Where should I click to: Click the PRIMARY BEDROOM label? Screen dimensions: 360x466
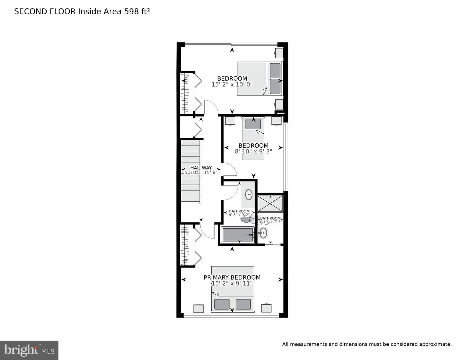tap(232, 277)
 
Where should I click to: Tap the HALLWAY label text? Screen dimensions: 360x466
tap(201, 168)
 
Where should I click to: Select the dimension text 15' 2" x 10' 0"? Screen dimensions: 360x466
tap(232, 84)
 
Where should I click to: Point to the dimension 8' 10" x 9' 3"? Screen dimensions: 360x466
tap(253, 151)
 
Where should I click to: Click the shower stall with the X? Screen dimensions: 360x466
tap(270, 203)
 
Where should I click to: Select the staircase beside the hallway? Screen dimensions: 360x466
tap(190, 172)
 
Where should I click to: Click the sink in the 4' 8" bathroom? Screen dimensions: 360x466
tap(249, 195)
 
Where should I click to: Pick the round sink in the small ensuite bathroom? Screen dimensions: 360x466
tap(263, 232)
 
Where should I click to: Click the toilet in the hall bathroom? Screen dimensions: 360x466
tap(246, 219)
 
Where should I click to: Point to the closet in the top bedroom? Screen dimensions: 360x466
tap(187, 93)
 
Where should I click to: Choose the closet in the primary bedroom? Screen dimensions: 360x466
tap(187, 245)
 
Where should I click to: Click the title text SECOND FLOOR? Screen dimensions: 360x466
tap(45, 12)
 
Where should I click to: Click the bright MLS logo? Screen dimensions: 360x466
tap(29, 350)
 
